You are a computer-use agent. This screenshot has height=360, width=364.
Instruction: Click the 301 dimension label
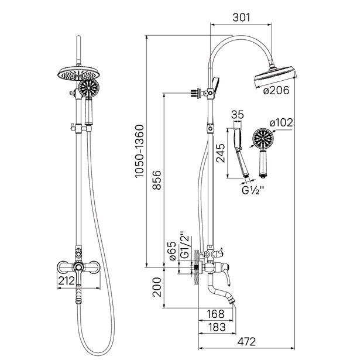click(242, 18)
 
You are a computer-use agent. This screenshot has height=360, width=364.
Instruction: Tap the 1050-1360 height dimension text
click(140, 152)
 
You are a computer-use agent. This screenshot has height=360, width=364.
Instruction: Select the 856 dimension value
click(157, 180)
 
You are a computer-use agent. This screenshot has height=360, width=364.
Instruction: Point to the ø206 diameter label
click(276, 90)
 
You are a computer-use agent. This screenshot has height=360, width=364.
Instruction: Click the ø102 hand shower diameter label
click(281, 122)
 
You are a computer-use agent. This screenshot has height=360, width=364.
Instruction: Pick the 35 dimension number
click(238, 115)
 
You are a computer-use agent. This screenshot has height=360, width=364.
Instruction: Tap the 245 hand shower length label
click(220, 153)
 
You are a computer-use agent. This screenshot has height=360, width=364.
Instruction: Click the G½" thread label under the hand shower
click(253, 190)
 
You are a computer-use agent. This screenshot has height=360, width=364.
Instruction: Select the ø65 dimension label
click(173, 251)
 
